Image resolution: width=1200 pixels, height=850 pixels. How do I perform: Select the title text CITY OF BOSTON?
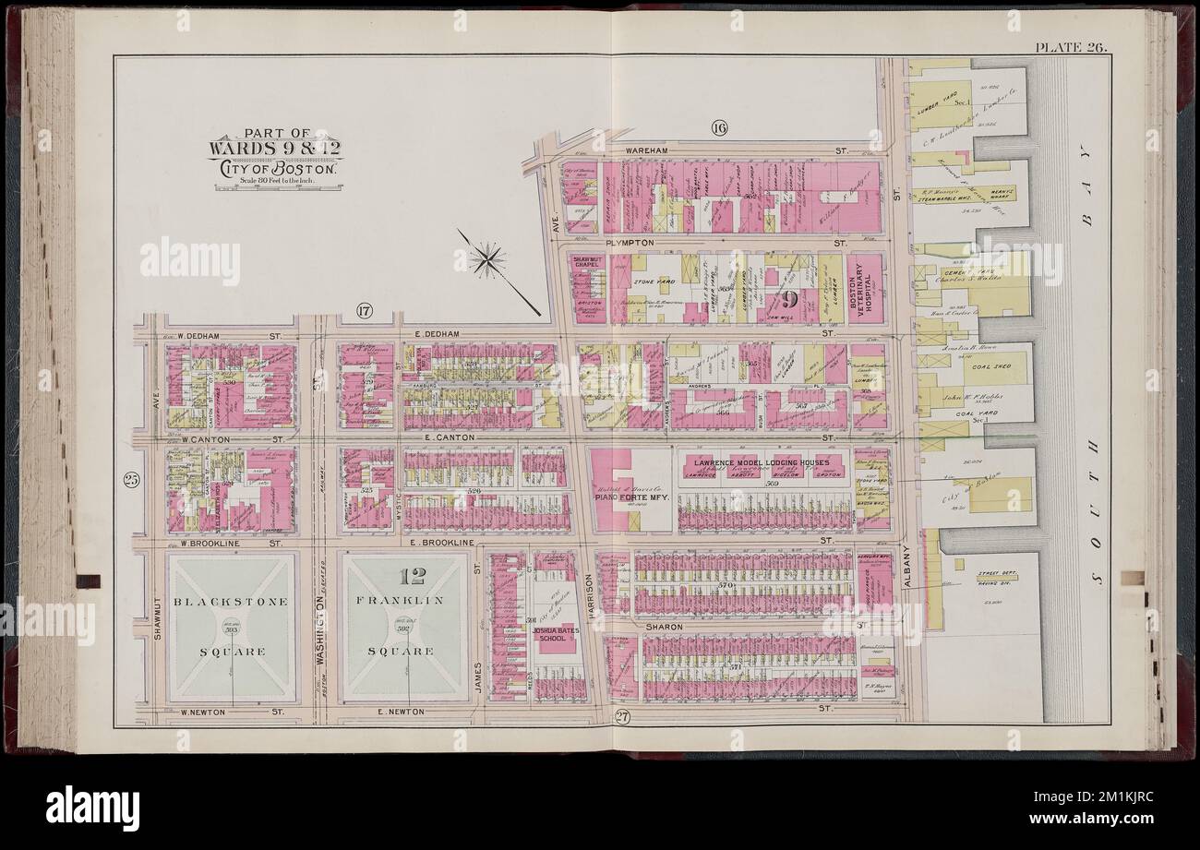(x=277, y=167)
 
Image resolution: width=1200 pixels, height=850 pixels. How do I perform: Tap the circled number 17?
(x=363, y=312)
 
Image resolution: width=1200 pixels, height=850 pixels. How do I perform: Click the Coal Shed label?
(x=983, y=367)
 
